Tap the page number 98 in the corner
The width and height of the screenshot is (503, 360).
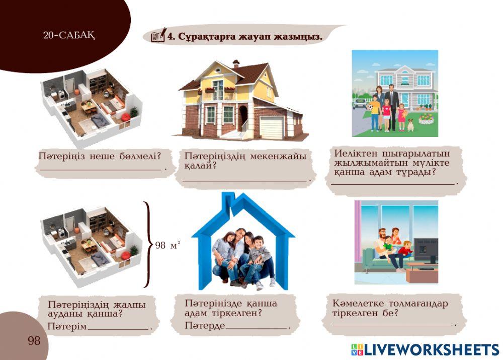pos(34,341)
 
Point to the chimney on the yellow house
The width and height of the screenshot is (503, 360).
pos(236,63)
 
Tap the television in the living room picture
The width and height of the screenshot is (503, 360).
pos(426,250)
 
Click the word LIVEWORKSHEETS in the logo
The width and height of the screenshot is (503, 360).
pos(431,349)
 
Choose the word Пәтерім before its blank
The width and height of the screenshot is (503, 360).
pos(67,327)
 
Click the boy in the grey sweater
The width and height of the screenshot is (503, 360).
pos(259,257)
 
